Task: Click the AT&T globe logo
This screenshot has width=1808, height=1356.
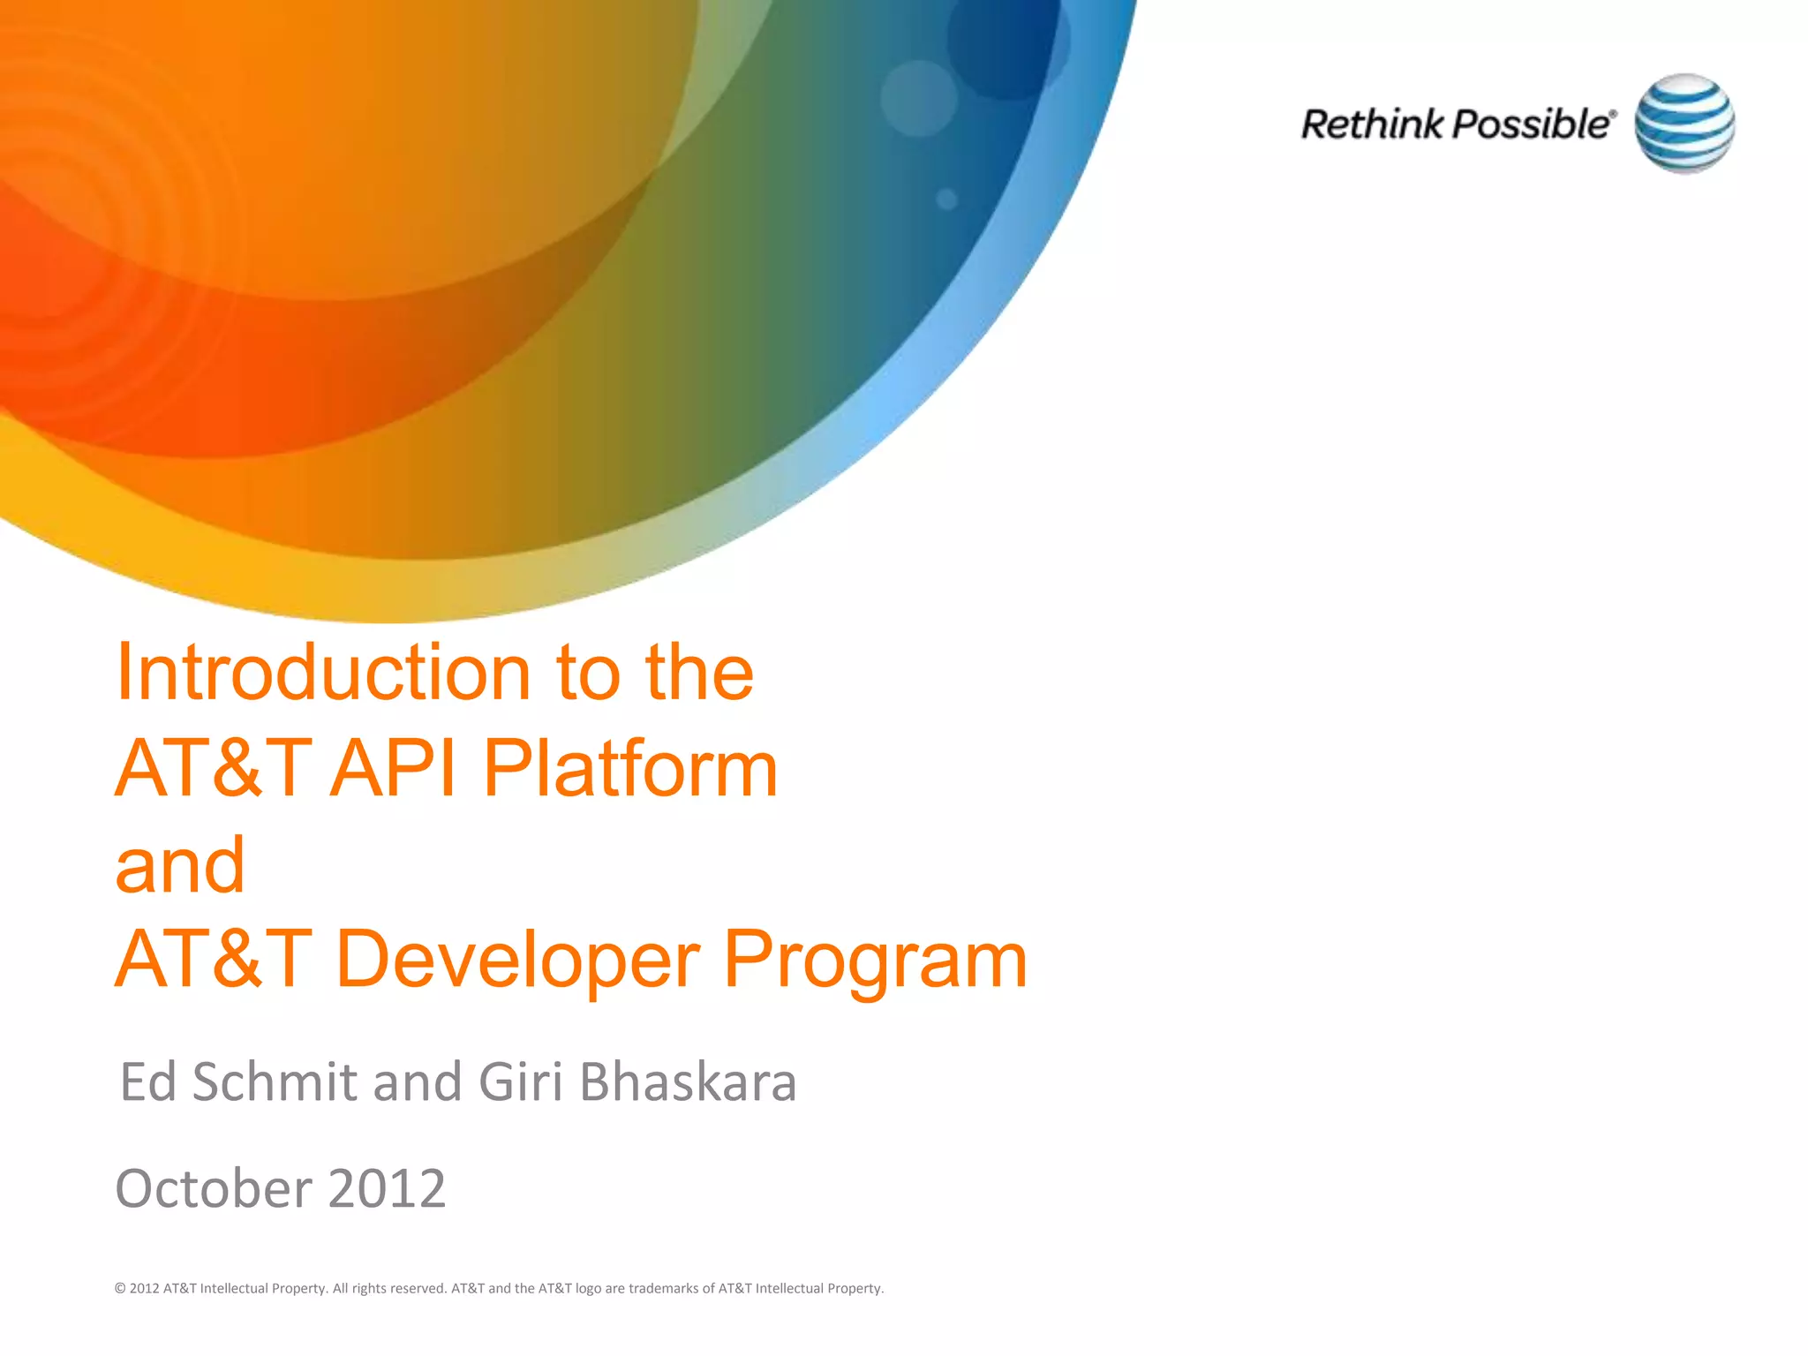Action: [x=1684, y=124]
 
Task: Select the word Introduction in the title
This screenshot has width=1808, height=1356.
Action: [x=323, y=673]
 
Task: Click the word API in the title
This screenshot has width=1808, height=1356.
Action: [x=395, y=769]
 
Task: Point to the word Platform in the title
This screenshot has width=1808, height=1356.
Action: [x=630, y=769]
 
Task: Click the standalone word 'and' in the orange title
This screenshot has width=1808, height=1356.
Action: [x=180, y=865]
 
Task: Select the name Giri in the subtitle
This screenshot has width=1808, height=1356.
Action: [x=520, y=1082]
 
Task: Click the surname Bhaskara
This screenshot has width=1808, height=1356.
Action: [x=688, y=1082]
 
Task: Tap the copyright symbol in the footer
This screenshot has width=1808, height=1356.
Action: [x=120, y=1289]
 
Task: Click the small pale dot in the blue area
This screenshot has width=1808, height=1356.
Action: [x=946, y=199]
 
